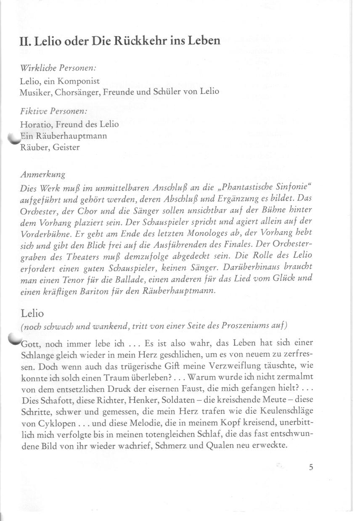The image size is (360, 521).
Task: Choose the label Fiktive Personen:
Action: (x=53, y=112)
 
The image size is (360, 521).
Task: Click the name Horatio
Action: (x=33, y=124)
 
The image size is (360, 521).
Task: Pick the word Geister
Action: (x=66, y=148)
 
